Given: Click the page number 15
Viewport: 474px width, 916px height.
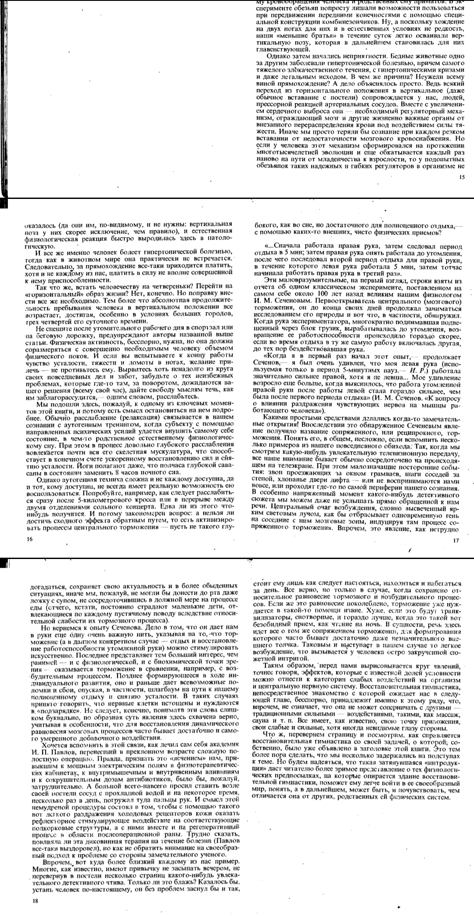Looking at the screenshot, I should pyautogui.click(x=460, y=177).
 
